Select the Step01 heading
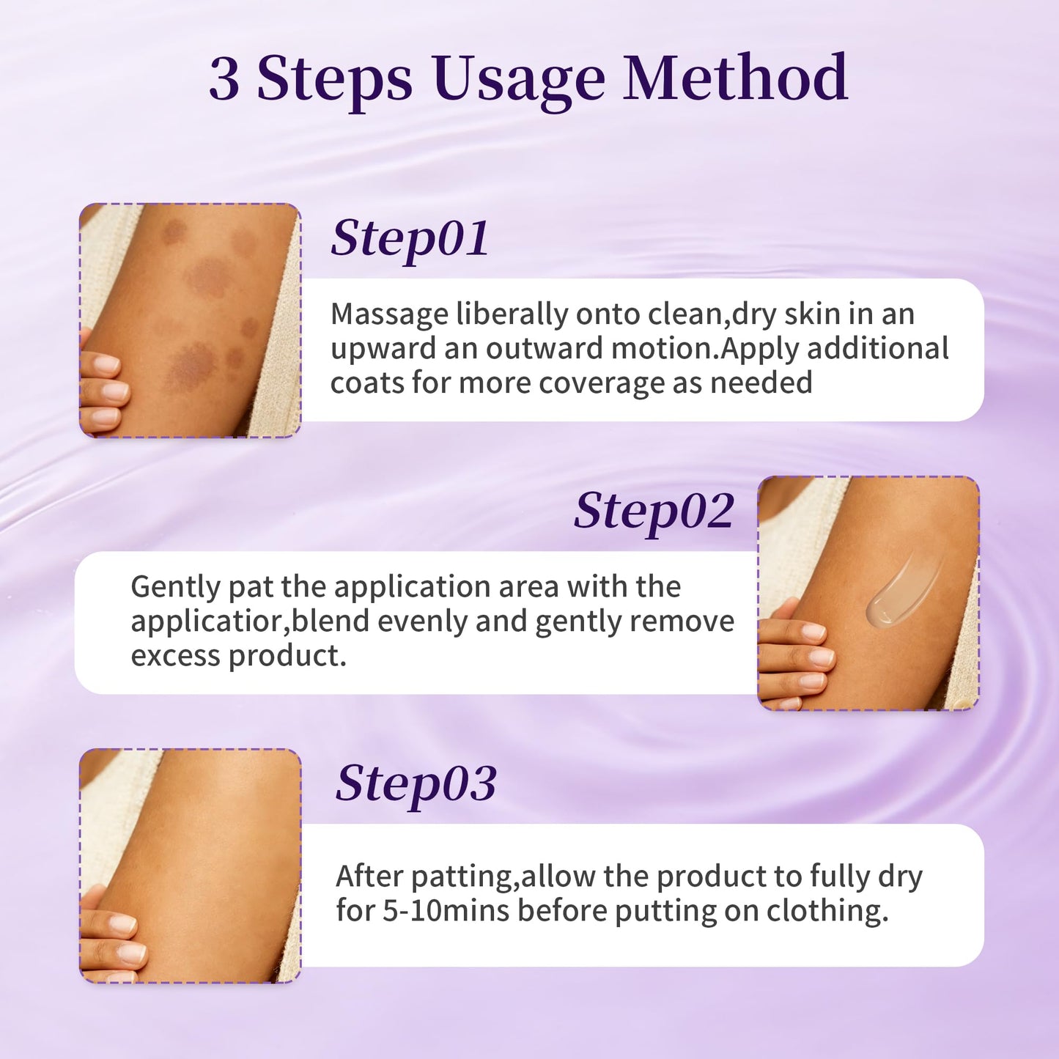pos(410,239)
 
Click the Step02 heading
pos(654,512)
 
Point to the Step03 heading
pos(416,784)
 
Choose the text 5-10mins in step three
pos(446,910)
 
